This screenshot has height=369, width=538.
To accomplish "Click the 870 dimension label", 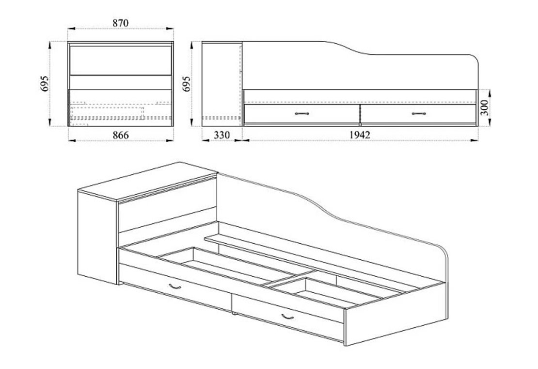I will (x=121, y=23).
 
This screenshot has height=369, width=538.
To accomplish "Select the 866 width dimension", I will (x=120, y=135).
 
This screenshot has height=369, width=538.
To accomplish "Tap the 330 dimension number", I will (x=221, y=135).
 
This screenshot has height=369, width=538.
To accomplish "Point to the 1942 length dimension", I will (x=359, y=135).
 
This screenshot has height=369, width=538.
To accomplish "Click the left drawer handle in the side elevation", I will (x=302, y=114).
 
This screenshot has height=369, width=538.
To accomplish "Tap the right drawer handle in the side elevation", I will (x=418, y=114).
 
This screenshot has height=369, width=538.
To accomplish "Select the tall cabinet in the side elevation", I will (x=221, y=84).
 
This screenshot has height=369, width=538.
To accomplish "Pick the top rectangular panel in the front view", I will (x=121, y=60).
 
